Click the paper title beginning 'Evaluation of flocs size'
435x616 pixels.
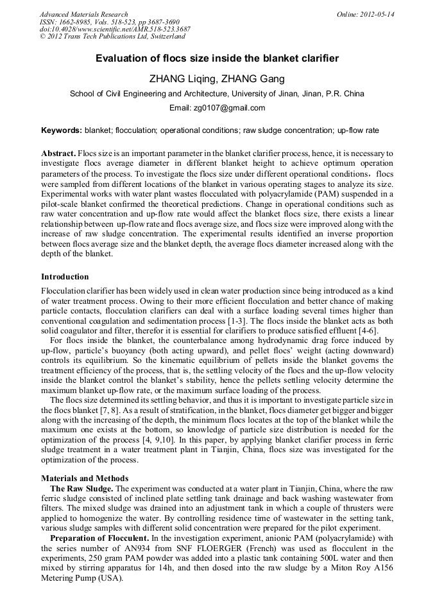(217, 58)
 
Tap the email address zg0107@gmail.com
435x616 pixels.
(217, 107)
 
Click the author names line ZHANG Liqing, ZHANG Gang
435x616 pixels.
(217, 79)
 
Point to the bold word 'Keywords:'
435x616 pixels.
(62, 130)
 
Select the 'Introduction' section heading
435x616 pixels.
(65, 277)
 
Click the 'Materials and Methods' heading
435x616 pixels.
(85, 479)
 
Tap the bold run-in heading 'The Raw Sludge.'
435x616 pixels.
(79, 489)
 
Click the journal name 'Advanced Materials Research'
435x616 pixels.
(83, 14)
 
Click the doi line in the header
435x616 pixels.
(115, 30)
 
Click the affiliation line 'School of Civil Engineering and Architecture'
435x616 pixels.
(217, 94)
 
